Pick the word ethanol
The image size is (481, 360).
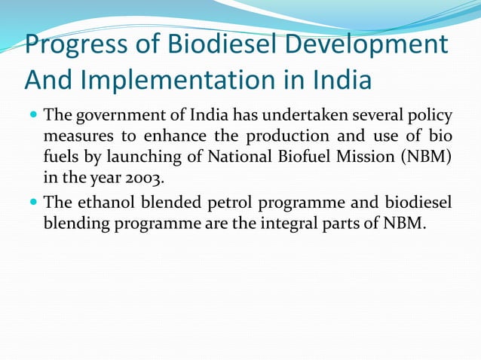tap(106, 203)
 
